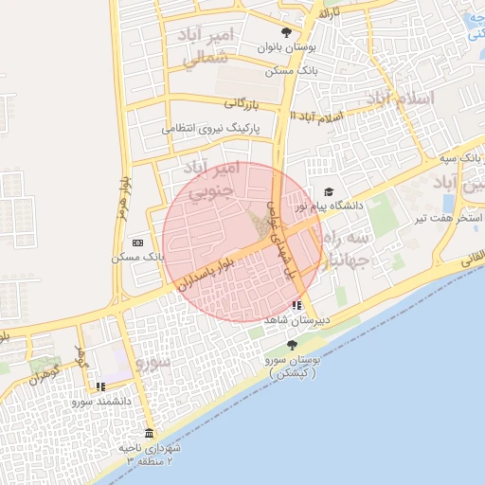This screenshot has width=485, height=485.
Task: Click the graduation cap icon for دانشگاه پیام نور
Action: point(329,192)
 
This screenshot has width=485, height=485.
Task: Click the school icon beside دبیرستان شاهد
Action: point(297,305)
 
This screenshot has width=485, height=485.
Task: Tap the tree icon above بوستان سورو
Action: point(291,344)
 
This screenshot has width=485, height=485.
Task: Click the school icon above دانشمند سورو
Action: point(100,386)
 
